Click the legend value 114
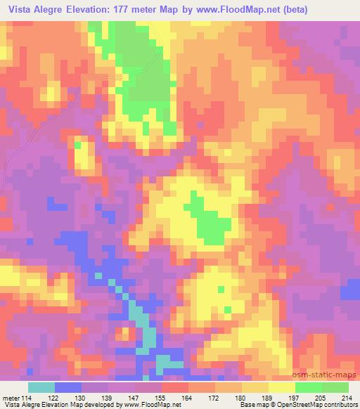[27, 398]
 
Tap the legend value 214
[346, 398]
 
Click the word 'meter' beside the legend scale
[11, 398]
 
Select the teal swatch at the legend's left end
[41, 387]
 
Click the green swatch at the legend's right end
[335, 387]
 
